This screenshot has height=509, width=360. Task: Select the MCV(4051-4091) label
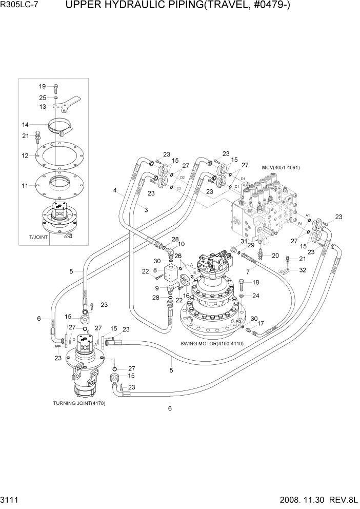tap(281, 168)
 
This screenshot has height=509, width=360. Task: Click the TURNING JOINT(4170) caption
tap(79, 403)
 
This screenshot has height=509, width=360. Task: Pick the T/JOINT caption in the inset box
tap(38, 238)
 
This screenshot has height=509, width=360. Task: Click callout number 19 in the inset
tap(42, 86)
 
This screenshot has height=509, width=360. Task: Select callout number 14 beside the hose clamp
tap(25, 124)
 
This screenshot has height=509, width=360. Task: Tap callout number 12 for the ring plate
tap(25, 155)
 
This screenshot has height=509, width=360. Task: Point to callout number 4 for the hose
tap(115, 190)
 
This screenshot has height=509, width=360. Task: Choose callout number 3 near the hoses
tap(146, 210)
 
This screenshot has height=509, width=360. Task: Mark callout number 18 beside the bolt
tap(256, 283)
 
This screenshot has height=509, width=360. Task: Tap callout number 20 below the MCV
tap(275, 256)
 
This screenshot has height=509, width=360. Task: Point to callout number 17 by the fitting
tap(261, 323)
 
